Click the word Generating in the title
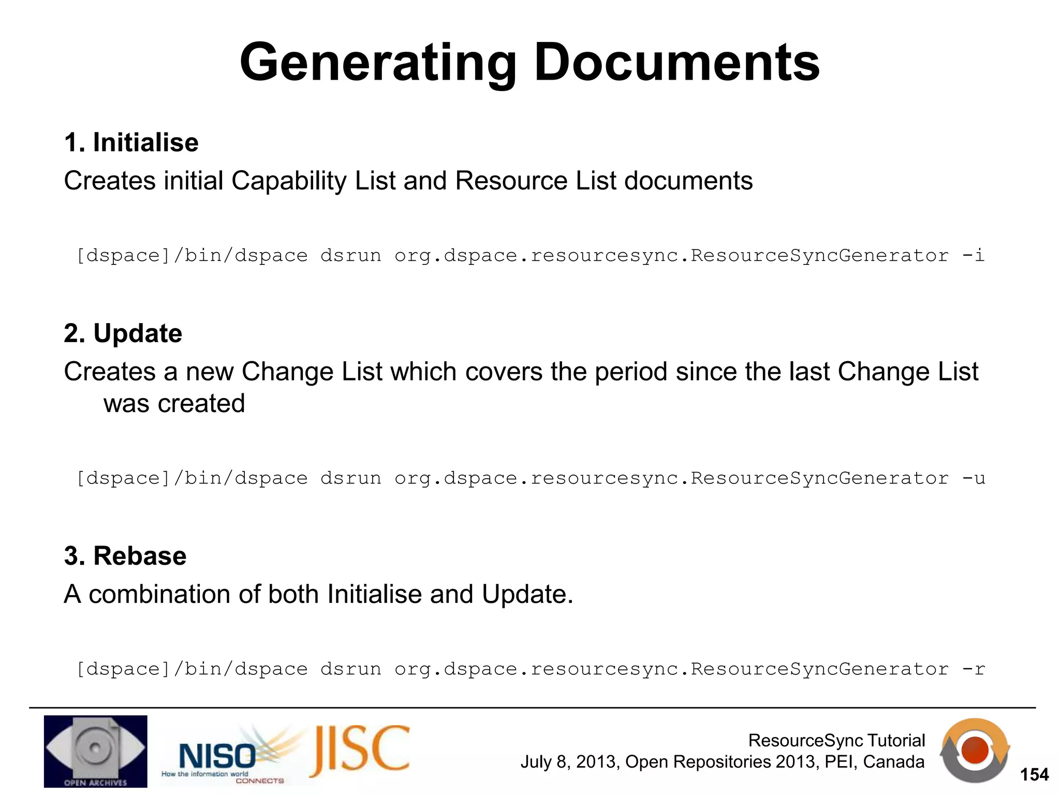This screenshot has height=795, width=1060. pyautogui.click(x=378, y=63)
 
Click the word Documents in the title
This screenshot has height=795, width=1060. pyautogui.click(x=676, y=63)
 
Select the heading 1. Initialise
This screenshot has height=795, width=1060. pyautogui.click(x=131, y=142)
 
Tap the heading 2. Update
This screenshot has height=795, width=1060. pyautogui.click(x=123, y=333)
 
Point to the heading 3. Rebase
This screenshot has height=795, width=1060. pyautogui.click(x=125, y=556)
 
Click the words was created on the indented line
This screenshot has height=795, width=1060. pyautogui.click(x=174, y=403)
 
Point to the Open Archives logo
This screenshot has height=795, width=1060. pyautogui.click(x=96, y=751)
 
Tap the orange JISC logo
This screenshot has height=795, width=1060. pyautogui.click(x=360, y=752)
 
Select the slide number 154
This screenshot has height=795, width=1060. pyautogui.click(x=1034, y=775)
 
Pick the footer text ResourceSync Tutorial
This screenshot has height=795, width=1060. pyautogui.click(x=836, y=741)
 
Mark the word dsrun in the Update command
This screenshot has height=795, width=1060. pyautogui.click(x=350, y=478)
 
